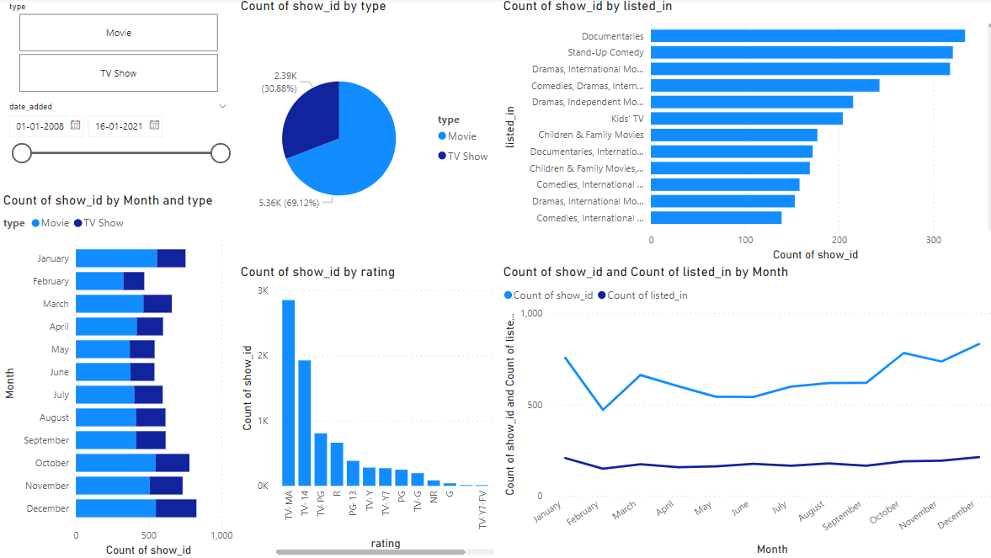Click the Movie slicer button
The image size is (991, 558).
(x=118, y=33)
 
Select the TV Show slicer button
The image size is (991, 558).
(x=118, y=73)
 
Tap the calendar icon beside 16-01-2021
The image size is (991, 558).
(x=154, y=125)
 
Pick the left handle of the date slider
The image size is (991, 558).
(x=22, y=153)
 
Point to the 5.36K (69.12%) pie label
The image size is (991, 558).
(x=295, y=203)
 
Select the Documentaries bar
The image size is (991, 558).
(x=807, y=36)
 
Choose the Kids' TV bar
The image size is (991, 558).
(x=746, y=119)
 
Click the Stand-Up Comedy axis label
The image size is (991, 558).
(x=605, y=53)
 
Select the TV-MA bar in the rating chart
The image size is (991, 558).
(x=289, y=392)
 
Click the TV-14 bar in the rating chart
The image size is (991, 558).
(x=305, y=422)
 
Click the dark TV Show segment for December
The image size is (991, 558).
(x=176, y=508)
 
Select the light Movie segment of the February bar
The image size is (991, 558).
(x=99, y=281)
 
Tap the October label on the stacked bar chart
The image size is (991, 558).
(x=52, y=463)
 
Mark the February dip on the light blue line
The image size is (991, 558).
(x=602, y=410)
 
